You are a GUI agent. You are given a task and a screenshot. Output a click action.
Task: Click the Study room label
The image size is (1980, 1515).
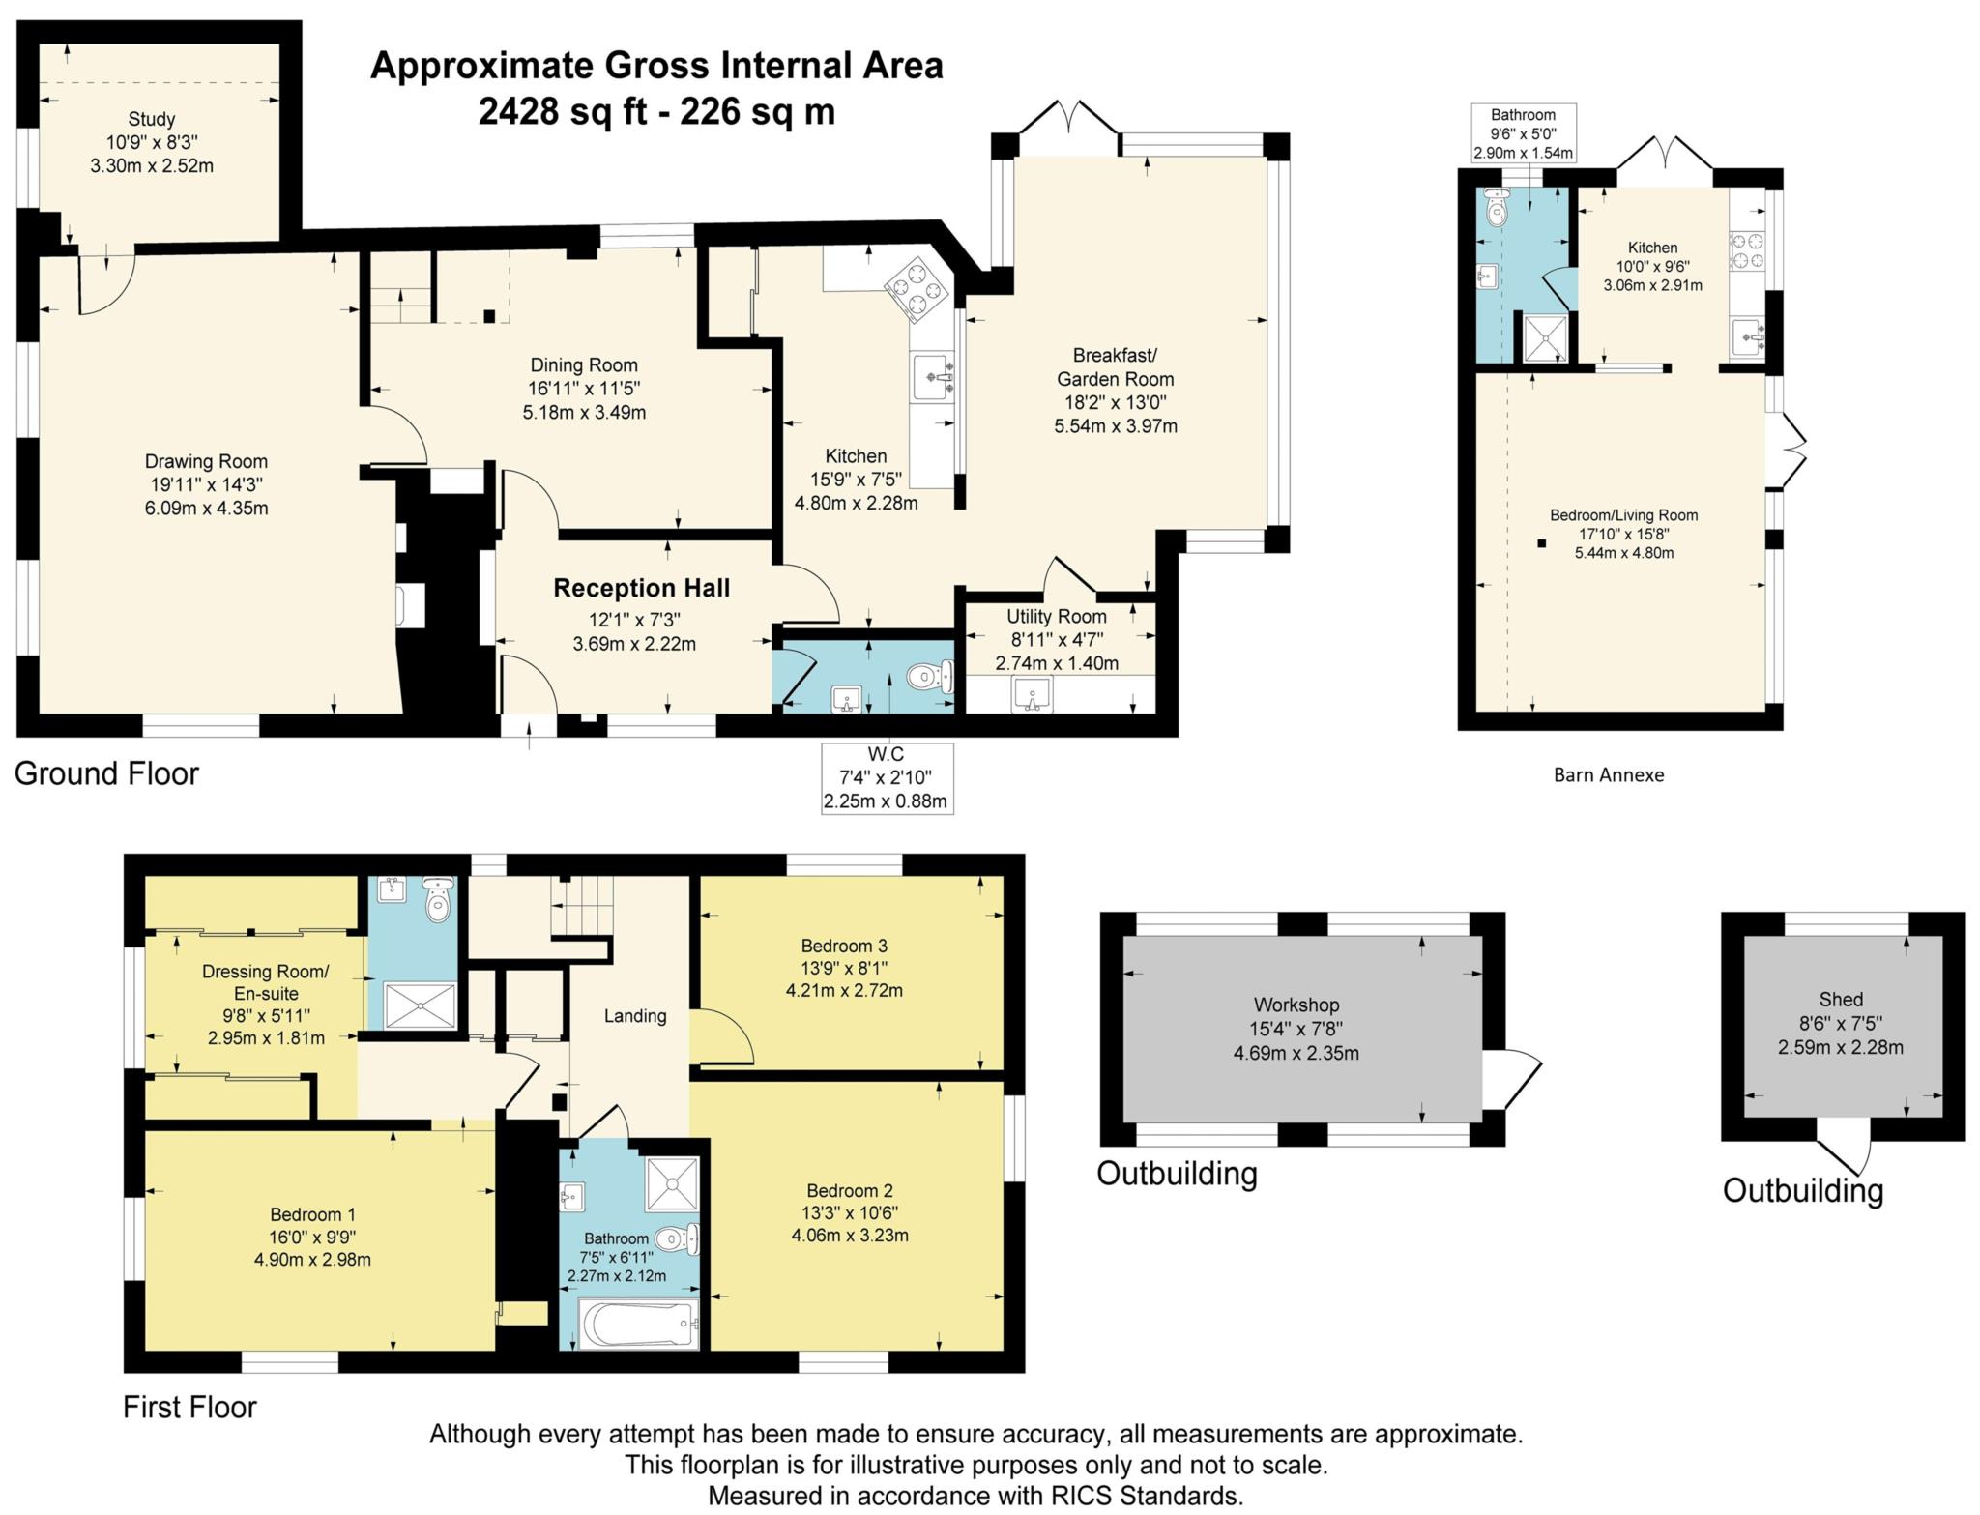pyautogui.click(x=152, y=120)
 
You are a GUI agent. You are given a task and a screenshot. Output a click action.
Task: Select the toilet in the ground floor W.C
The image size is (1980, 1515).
pyautogui.click(x=930, y=676)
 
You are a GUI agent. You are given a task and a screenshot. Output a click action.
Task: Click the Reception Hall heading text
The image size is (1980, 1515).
pyautogui.click(x=641, y=588)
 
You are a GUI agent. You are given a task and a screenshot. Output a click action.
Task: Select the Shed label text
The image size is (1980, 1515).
pyautogui.click(x=1840, y=1000)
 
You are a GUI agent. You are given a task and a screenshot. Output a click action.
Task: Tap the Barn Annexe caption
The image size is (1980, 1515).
pyautogui.click(x=1608, y=774)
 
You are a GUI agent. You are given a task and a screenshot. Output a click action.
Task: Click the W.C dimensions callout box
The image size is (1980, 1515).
pyautogui.click(x=887, y=778)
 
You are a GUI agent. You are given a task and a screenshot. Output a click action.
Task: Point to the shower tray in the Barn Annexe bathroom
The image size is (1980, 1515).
pyautogui.click(x=1545, y=337)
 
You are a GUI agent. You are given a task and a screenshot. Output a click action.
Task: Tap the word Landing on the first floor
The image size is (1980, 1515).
pyautogui.click(x=635, y=1015)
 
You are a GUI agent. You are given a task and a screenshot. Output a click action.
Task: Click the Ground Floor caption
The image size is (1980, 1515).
pyautogui.click(x=106, y=773)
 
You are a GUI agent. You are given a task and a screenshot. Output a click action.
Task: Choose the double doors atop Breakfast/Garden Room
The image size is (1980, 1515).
pyautogui.click(x=1068, y=119)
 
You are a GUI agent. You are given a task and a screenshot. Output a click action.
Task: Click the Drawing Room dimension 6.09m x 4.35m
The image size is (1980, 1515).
pyautogui.click(x=206, y=508)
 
